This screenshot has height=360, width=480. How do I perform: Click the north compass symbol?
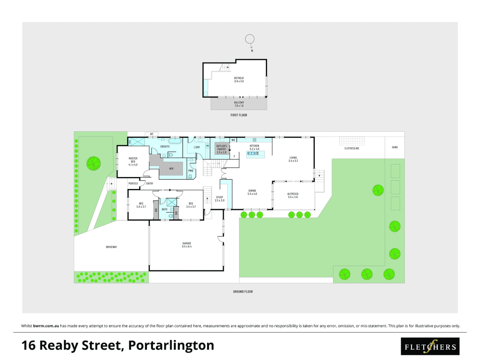click(250, 40)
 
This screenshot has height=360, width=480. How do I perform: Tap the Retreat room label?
click(239, 80)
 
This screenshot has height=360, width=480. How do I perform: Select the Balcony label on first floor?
click(239, 104)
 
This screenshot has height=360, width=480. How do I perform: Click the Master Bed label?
click(133, 162)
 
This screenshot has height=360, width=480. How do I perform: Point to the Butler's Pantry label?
click(221, 149)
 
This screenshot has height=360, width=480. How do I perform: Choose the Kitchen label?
click(254, 147)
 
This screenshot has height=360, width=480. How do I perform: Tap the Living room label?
click(293, 159)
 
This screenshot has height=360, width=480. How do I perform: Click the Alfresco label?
click(293, 195)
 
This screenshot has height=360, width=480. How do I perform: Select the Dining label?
click(252, 192)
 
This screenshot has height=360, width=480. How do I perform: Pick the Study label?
click(220, 199)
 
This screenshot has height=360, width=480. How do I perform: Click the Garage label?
click(187, 245)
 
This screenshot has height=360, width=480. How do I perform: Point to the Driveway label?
click(111, 247)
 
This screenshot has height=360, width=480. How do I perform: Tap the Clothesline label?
click(352, 148)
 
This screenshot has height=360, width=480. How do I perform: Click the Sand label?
click(395, 147)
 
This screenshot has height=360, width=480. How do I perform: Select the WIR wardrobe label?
click(171, 169)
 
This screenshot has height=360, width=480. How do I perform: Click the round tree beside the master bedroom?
click(93, 163)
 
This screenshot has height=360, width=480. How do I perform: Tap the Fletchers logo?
click(430, 346)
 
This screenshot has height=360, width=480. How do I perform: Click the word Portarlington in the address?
click(171, 346)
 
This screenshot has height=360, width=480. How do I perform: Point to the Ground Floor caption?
click(243, 292)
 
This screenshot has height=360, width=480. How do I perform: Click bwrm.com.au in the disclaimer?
click(46, 326)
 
